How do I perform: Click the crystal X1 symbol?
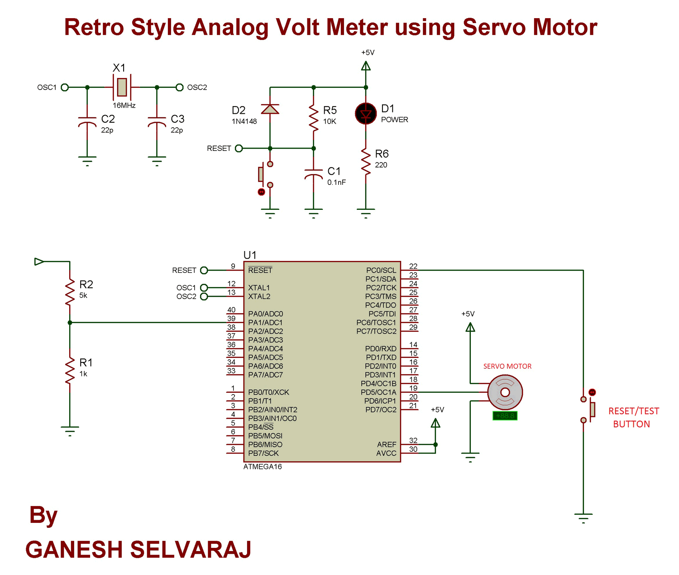[x=122, y=87]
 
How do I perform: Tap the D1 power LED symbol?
[x=366, y=114]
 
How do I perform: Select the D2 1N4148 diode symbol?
[x=270, y=109]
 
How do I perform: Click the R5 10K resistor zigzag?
[x=314, y=118]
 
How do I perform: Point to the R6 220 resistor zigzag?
[x=366, y=161]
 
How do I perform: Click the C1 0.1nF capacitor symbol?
[x=314, y=175]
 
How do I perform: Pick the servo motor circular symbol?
[x=505, y=392]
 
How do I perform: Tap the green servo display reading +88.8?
[x=505, y=416]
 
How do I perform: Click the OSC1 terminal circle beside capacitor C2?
[x=65, y=87]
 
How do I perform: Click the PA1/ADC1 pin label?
[x=265, y=323]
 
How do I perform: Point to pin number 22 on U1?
[x=413, y=266]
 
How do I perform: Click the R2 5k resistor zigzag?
[x=70, y=292]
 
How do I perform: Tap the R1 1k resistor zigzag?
[x=70, y=370]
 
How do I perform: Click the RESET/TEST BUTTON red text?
[x=633, y=417]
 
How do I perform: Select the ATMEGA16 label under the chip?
[x=263, y=467]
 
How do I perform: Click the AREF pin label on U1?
[x=387, y=445]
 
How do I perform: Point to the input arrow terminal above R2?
[x=39, y=261]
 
